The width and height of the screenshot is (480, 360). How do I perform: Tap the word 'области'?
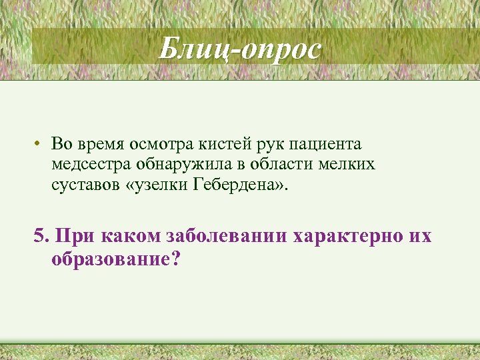click(260, 164)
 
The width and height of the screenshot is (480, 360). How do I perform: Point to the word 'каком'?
click(121, 237)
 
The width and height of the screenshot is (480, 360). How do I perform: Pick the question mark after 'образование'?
click(175, 259)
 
